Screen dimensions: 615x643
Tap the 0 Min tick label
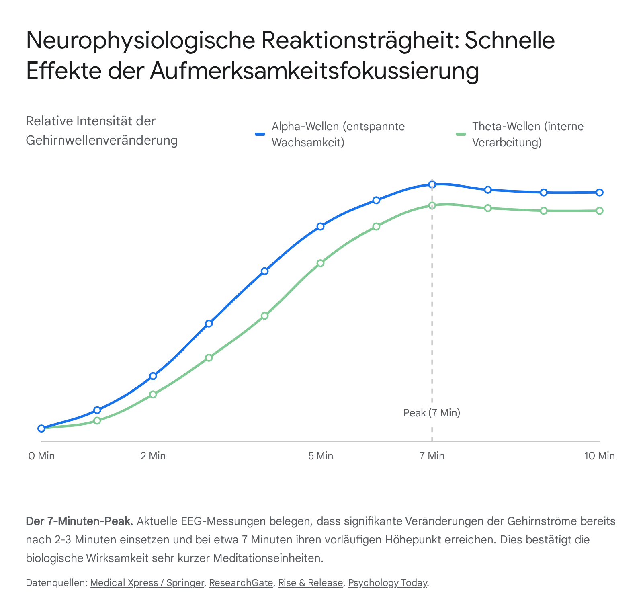pos(41,456)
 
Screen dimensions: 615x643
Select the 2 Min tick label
pos(153,456)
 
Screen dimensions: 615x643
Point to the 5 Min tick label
pos(321,456)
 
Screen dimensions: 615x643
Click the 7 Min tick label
pos(432,456)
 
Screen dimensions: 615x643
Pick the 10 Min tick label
pos(599,456)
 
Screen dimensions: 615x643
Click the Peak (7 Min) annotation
pos(432,413)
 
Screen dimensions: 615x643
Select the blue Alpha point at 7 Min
pos(432,184)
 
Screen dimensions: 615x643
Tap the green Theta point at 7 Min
pos(432,205)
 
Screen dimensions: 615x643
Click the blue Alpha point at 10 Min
pos(600,192)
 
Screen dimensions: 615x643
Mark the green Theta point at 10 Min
pos(600,211)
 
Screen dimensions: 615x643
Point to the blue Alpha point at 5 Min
pos(320,226)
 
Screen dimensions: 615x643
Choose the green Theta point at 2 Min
pos(153,394)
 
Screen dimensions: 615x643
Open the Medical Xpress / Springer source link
pos(147,583)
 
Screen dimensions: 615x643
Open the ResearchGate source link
pos(241,583)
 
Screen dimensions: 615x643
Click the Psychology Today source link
pos(387,583)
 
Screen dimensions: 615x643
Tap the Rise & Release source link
pos(311,583)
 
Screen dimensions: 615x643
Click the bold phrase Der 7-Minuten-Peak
pos(79,521)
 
